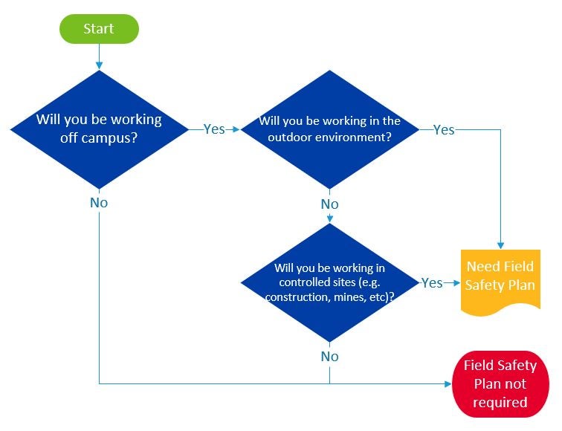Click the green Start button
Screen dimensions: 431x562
click(100, 28)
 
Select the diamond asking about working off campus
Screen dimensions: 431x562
click(100, 129)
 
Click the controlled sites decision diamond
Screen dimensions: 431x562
click(329, 282)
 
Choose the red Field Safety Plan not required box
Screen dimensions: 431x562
click(500, 384)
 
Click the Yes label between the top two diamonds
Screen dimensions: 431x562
click(214, 129)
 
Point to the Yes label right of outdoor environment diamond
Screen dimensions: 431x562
click(443, 129)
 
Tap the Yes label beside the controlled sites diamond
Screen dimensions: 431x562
click(432, 283)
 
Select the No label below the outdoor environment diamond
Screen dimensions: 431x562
click(329, 204)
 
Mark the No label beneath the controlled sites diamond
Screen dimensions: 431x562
click(329, 356)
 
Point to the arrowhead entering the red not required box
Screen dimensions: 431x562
click(448, 384)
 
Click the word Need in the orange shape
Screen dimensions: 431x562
click(482, 266)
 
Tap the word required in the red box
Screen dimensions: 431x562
click(500, 402)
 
